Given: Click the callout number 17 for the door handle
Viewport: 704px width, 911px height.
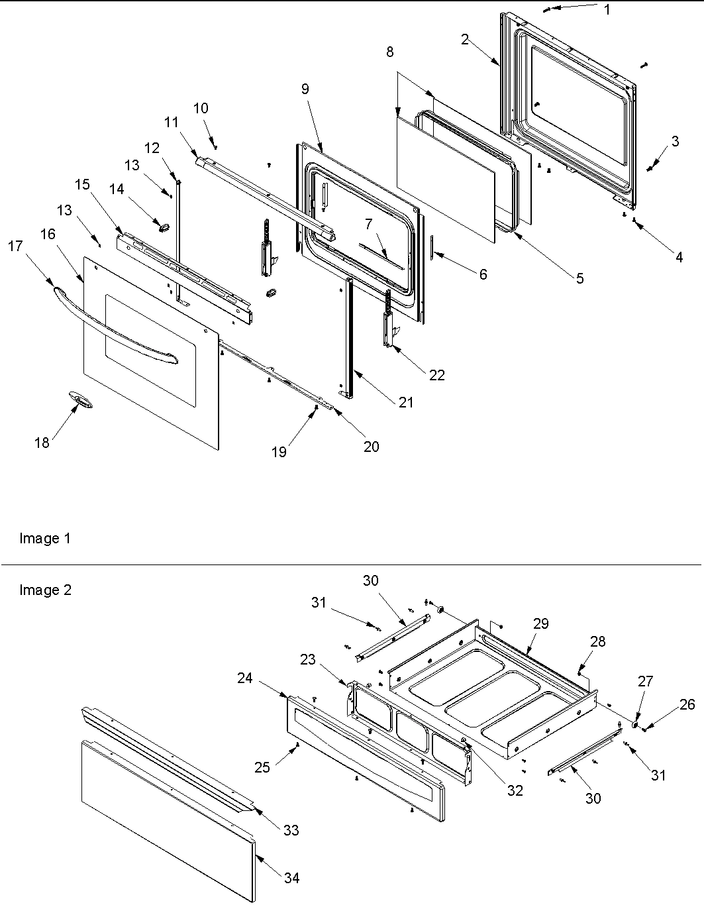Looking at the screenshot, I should pos(15,246).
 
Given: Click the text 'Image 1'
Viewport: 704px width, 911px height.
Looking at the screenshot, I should pos(44,539).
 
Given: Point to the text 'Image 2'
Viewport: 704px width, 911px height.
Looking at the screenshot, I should pos(45,590).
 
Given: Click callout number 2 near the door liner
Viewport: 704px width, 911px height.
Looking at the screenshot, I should pos(465,39).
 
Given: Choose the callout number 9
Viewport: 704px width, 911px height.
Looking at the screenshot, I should pos(305,89).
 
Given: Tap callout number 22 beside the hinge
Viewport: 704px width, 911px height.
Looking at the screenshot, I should pos(436,375).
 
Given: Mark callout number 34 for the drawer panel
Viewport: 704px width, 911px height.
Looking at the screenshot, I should pos(291,878).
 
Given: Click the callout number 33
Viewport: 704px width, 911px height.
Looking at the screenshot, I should pos(291,830).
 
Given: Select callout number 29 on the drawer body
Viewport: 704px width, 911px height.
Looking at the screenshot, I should pos(541,623).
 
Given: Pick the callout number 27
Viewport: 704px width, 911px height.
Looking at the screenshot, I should pos(645,682).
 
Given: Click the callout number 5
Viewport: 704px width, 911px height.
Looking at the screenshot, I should pos(579,278).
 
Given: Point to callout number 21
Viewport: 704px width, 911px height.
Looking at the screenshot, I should pos(405,402).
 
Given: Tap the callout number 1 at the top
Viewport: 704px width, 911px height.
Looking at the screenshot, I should pos(607,10).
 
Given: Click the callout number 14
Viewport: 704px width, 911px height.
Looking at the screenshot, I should pos(117,189).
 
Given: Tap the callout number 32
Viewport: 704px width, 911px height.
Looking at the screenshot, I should pos(515,790).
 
